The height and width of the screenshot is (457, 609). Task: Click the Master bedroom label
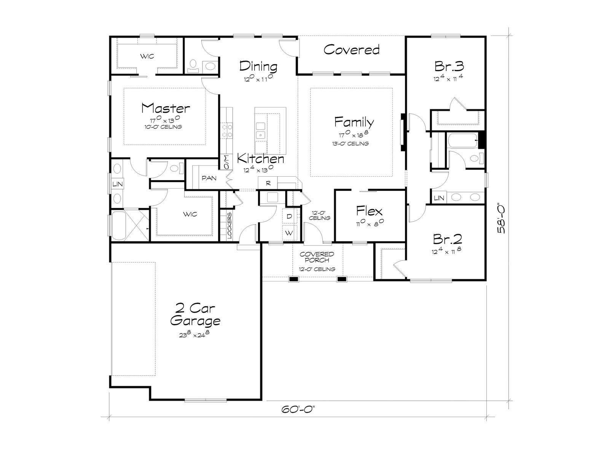166,108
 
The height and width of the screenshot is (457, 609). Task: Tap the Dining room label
258,66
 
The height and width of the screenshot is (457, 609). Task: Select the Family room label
354,122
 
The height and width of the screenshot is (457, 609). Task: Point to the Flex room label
369,211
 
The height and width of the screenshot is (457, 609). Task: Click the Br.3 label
449,66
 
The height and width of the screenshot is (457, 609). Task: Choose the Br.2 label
447,239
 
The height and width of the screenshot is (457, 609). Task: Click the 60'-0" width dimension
298,409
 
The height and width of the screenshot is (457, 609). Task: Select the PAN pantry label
209,178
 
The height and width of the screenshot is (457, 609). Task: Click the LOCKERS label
230,225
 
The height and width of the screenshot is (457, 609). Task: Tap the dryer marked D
289,216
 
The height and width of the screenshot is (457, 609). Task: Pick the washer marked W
289,233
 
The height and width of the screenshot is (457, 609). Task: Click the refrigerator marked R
268,184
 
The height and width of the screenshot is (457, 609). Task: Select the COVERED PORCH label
317,257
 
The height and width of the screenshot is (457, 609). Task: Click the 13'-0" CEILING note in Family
351,144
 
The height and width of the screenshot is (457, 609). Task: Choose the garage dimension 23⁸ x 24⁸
194,334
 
